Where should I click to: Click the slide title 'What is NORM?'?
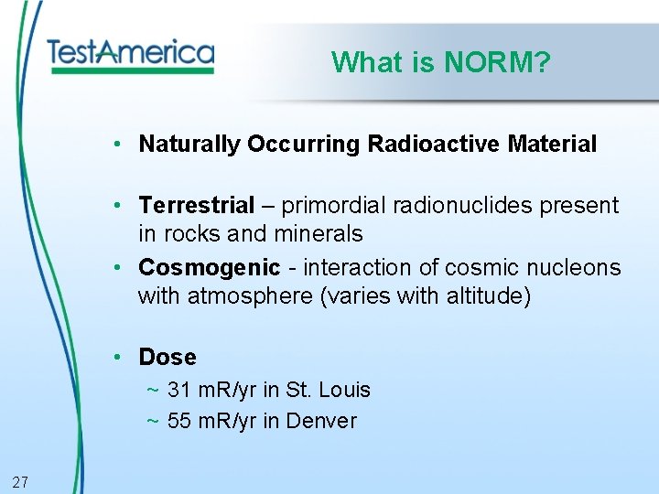click(440, 62)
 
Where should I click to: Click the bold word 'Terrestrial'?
click(196, 206)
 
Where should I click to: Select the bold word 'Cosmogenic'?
click(209, 268)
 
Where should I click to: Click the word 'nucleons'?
click(573, 268)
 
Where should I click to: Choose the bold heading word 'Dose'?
click(167, 357)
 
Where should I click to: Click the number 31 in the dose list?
click(178, 390)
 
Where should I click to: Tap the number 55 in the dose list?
click(178, 421)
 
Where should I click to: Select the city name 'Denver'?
click(321, 421)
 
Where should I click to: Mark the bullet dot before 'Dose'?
click(119, 357)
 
